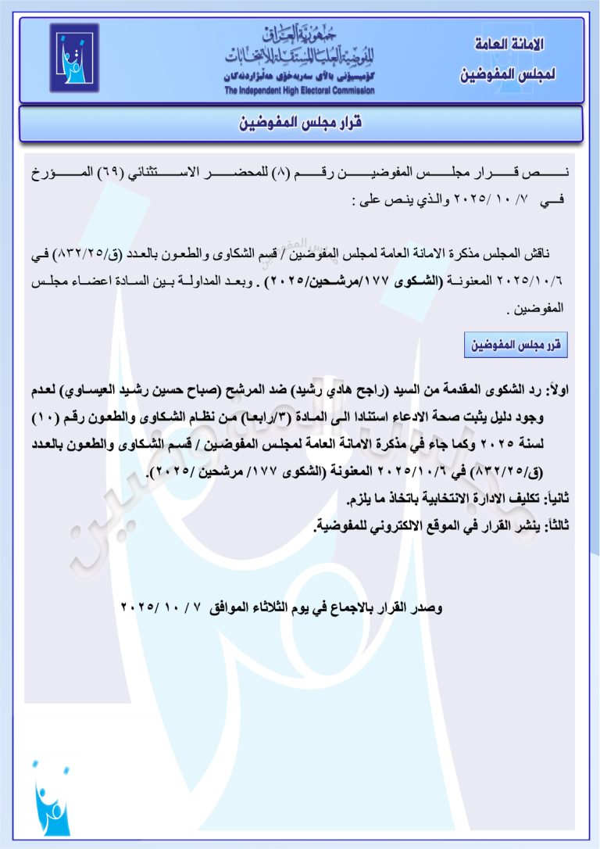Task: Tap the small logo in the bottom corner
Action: point(52,798)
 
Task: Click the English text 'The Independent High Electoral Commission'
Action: point(299,91)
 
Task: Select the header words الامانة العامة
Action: point(509,44)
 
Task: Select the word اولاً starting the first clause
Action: point(559,389)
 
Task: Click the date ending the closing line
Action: point(163,607)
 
